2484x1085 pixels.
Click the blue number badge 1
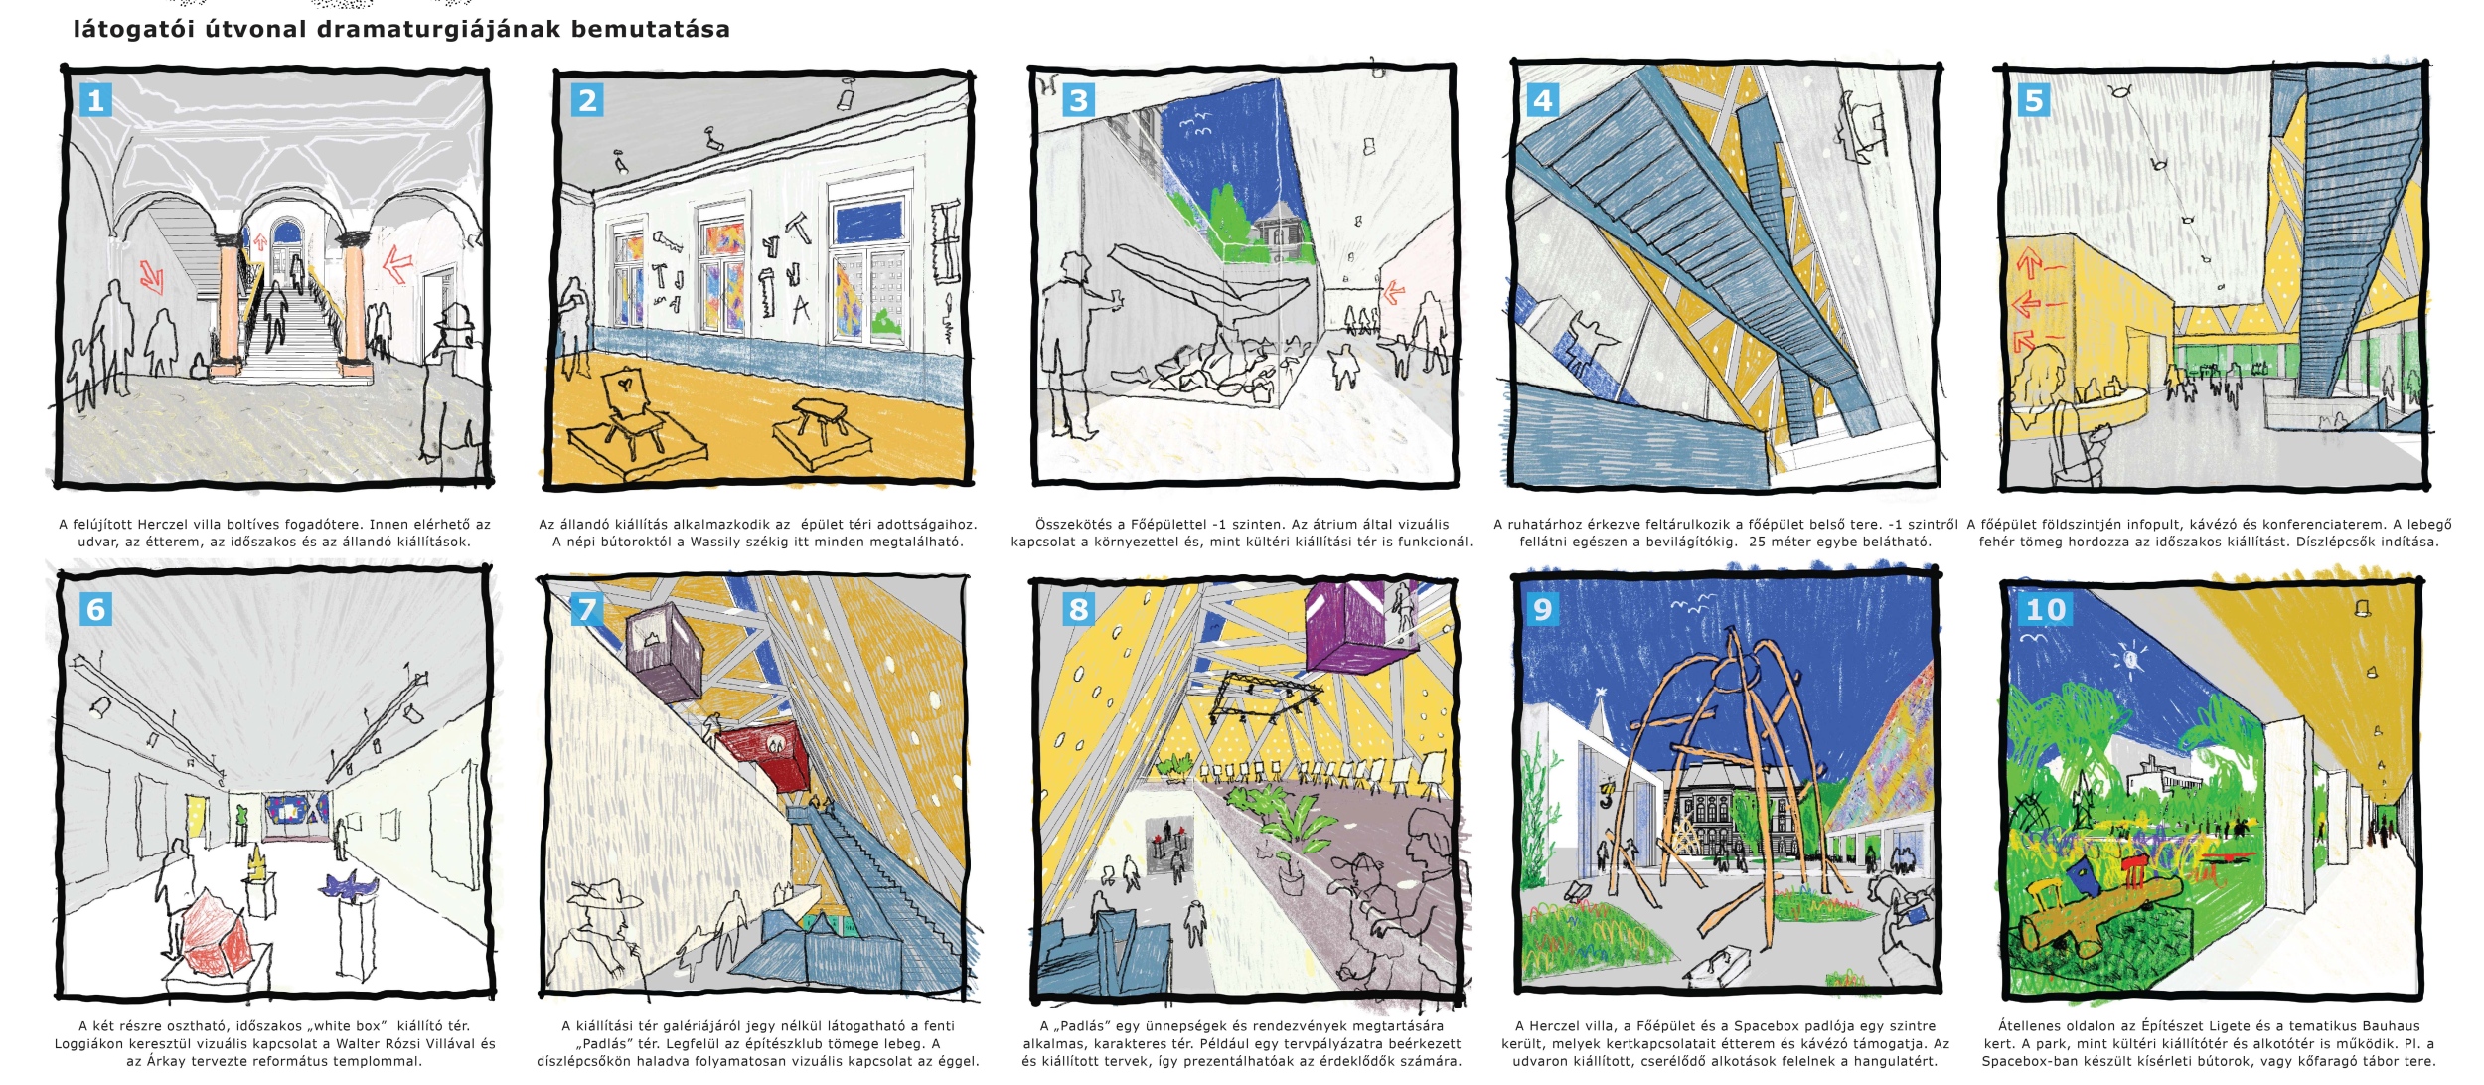[x=95, y=100]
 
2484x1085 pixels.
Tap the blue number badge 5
[x=2033, y=100]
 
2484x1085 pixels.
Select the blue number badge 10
[x=2045, y=609]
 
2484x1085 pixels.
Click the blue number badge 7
[x=586, y=609]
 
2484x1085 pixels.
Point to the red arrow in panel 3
[x=1394, y=292]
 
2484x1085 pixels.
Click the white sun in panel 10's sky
[x=2130, y=658]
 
